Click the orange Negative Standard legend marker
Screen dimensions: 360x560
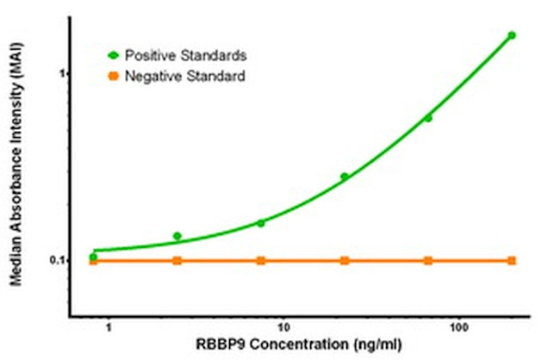click(113, 77)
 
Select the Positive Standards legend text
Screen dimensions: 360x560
click(186, 55)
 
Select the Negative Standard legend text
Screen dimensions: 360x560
click(185, 77)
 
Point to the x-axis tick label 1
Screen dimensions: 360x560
click(108, 328)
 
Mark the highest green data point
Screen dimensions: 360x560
click(512, 35)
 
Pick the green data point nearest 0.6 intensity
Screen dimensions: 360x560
click(428, 118)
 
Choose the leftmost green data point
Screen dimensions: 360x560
click(93, 257)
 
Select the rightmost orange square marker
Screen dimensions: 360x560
click(512, 260)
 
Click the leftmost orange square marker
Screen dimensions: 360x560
click(93, 260)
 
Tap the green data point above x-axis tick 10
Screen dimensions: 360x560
click(261, 223)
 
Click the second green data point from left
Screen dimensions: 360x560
click(177, 236)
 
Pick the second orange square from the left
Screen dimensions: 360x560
click(177, 260)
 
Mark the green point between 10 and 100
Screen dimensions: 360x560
click(345, 177)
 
